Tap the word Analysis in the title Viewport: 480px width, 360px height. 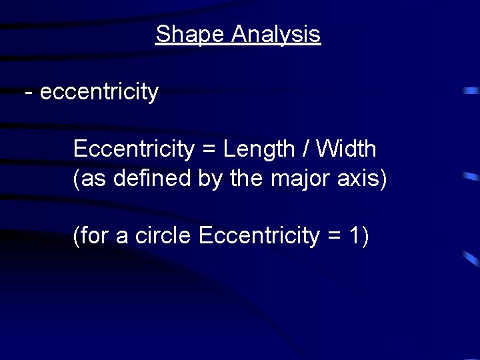point(276,35)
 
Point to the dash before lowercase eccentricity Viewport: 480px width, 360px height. point(28,92)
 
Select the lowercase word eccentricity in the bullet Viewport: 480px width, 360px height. point(99,92)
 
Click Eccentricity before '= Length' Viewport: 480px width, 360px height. point(133,149)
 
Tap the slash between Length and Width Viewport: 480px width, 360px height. point(306,149)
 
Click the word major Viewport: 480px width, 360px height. point(299,179)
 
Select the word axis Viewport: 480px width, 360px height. point(357,179)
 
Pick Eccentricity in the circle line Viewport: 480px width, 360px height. point(259,235)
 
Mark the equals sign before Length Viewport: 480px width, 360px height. point(208,150)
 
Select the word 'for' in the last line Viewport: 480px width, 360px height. point(96,235)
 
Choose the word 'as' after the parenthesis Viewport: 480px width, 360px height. point(92,179)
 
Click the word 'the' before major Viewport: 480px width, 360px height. point(247,179)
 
